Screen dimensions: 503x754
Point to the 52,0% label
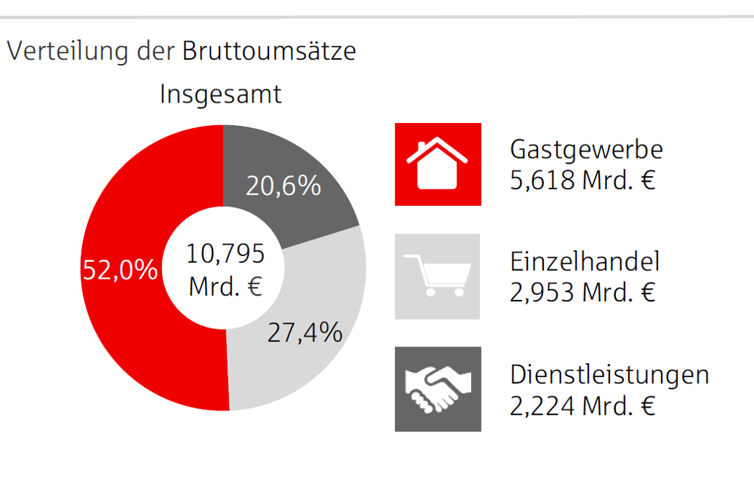click(120, 270)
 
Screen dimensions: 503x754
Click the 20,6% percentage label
click(283, 186)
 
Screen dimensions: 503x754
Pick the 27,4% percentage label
click(305, 333)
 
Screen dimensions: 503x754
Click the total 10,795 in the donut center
click(225, 254)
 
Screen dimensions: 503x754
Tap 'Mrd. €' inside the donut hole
click(225, 286)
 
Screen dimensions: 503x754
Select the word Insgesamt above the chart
click(220, 95)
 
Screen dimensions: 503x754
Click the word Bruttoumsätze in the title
click(269, 52)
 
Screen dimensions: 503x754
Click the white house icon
click(437, 164)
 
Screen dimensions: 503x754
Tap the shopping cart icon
click(437, 276)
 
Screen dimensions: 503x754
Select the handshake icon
click(437, 389)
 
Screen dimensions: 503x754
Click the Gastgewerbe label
click(586, 149)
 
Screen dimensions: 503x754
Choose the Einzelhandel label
click(585, 262)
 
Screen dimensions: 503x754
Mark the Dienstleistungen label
click(609, 375)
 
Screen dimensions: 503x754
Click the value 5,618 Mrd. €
click(582, 180)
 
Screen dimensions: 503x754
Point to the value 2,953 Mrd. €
click(582, 293)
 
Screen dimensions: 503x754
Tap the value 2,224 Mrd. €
click(582, 405)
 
